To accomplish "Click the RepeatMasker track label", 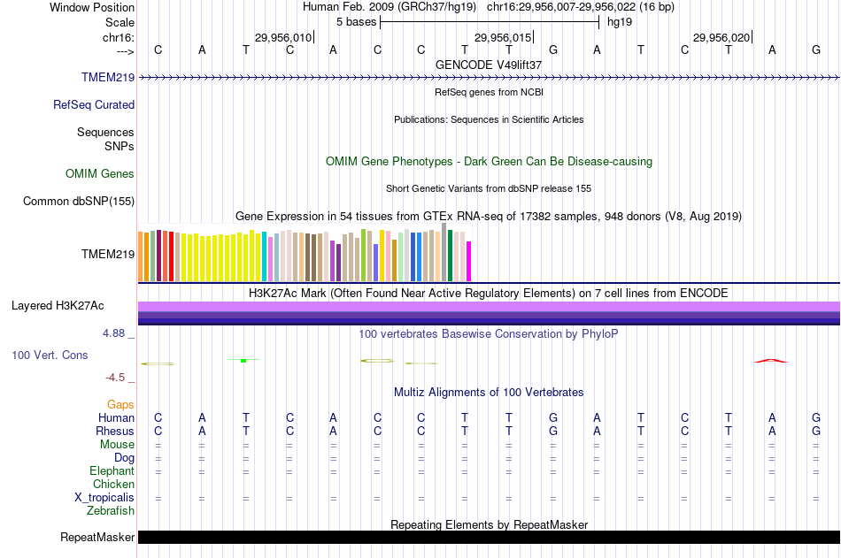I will pyautogui.click(x=97, y=538).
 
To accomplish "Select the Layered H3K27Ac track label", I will pyautogui.click(x=58, y=306).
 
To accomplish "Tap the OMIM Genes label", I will pyautogui.click(x=100, y=174).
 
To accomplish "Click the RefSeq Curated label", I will pyautogui.click(x=94, y=105).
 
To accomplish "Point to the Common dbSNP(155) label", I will pyautogui.click(x=79, y=202).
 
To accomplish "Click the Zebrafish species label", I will pyautogui.click(x=111, y=511).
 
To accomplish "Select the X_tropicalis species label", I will pyautogui.click(x=104, y=498).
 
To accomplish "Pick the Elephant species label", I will pyautogui.click(x=112, y=471).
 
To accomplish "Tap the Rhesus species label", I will pyautogui.click(x=115, y=432).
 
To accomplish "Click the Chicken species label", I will pyautogui.click(x=113, y=485).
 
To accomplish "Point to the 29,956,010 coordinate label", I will pyautogui.click(x=283, y=38).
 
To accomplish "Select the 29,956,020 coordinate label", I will pyautogui.click(x=721, y=38).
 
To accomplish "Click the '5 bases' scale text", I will pyautogui.click(x=356, y=21).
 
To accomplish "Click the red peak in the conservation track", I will pyautogui.click(x=770, y=360).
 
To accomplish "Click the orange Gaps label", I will pyautogui.click(x=121, y=405).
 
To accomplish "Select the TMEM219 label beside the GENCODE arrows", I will pyautogui.click(x=108, y=78).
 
